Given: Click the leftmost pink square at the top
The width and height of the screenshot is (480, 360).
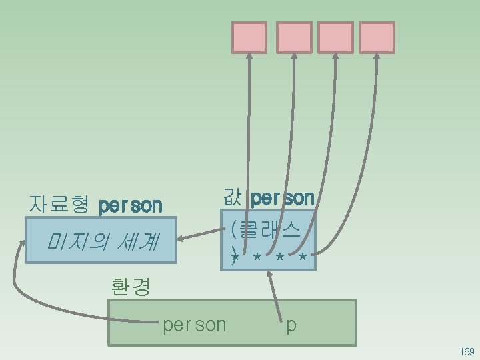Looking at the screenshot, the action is [x=249, y=37].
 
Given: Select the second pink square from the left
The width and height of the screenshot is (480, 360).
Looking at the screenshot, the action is [x=294, y=37].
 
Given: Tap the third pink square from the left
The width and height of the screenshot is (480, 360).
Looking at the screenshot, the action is [x=336, y=37].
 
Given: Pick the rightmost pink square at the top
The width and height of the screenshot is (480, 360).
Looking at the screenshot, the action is [x=377, y=37].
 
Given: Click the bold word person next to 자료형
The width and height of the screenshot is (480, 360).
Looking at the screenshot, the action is [x=131, y=205].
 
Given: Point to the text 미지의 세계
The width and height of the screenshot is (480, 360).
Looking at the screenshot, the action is [x=101, y=241].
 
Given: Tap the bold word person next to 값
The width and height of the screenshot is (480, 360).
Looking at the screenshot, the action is [x=283, y=198].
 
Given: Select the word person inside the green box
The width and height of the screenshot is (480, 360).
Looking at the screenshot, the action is [x=195, y=325].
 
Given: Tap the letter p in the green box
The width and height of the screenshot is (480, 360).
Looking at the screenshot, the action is [x=291, y=325].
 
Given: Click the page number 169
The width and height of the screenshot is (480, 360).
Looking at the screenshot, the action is [x=466, y=351].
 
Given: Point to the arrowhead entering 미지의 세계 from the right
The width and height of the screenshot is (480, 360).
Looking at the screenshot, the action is [x=183, y=238].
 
